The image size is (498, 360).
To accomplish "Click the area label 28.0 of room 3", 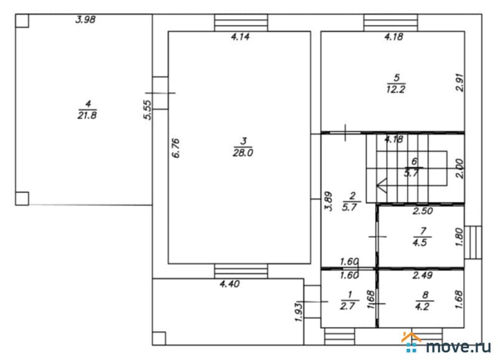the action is click(243, 153).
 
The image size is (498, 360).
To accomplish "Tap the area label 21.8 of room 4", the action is click(87, 115).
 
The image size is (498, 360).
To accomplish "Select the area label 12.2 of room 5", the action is click(396, 89).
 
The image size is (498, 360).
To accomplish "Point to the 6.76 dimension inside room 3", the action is click(176, 148).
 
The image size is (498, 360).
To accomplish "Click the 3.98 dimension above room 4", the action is click(85, 20).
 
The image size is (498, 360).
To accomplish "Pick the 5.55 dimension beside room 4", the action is click(148, 110).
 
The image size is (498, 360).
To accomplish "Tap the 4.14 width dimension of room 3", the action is click(240, 37).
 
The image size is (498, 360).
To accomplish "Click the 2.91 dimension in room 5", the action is click(460, 83).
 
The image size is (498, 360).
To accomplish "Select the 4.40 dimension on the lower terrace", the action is click(230, 284).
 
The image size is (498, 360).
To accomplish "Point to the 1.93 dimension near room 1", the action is click(299, 312).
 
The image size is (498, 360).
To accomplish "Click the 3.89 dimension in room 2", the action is click(329, 201).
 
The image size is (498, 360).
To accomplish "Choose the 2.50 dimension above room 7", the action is click(423, 211).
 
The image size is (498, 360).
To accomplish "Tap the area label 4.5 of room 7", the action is click(420, 243).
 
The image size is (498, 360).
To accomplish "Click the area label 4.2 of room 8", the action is click(422, 307).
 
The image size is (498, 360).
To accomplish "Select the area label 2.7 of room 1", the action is click(347, 306).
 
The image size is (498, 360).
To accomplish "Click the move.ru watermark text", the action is click(458, 346).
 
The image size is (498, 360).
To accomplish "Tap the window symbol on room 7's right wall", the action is click(473, 242).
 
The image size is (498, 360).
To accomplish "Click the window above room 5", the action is click(391, 22).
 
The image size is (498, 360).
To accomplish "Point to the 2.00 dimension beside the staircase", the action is click(460, 168).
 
